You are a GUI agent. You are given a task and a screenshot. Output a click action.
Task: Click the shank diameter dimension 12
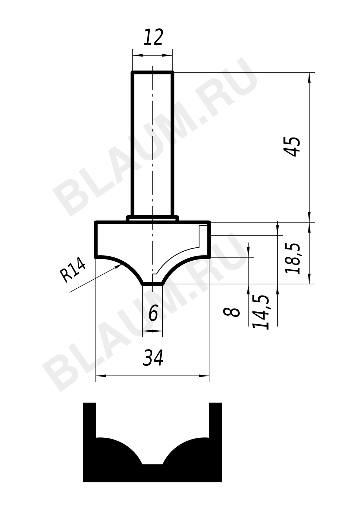[x=153, y=37]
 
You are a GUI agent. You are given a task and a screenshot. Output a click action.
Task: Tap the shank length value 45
[x=293, y=147]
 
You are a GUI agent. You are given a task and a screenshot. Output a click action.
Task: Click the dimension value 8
[x=231, y=312]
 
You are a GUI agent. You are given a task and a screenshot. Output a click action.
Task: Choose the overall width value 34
[x=153, y=358]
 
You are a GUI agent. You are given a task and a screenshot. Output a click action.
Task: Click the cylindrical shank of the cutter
[x=152, y=144]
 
